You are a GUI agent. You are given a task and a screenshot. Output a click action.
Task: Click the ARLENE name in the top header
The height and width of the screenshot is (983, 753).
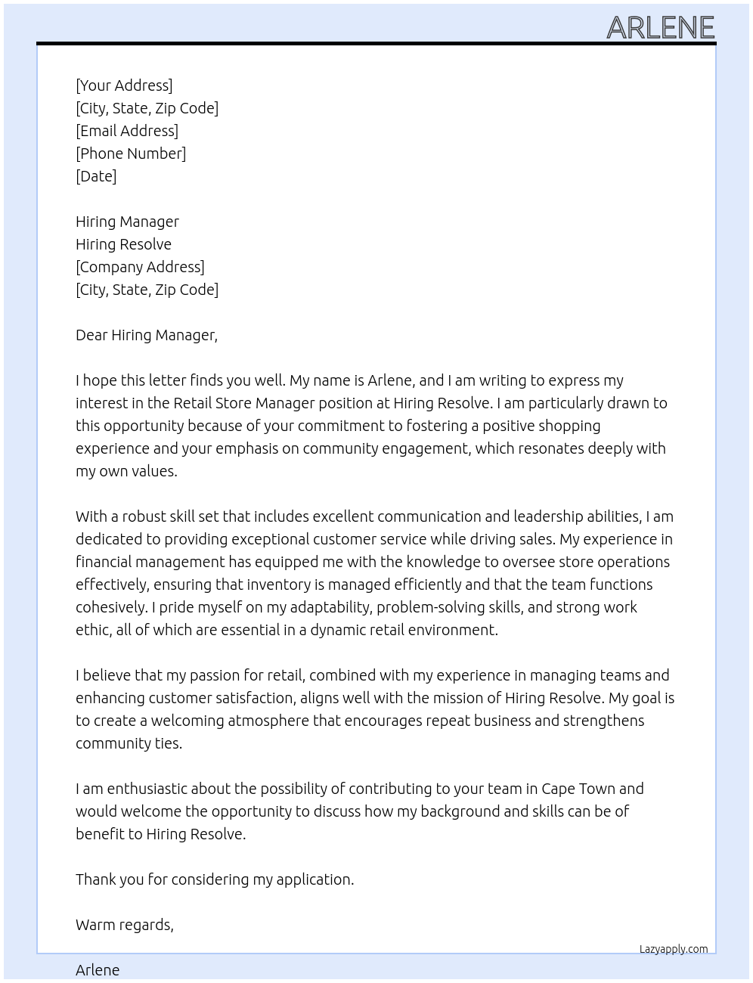click(660, 28)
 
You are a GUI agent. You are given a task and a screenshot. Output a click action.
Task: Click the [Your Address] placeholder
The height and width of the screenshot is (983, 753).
click(124, 85)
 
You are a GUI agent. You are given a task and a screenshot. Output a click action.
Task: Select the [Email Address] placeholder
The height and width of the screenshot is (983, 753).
click(127, 131)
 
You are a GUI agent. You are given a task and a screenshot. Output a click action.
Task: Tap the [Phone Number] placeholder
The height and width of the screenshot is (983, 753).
click(131, 153)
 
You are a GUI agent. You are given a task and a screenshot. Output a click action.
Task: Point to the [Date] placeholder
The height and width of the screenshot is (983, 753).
click(96, 176)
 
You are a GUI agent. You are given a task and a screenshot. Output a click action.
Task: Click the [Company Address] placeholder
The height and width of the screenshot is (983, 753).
click(140, 267)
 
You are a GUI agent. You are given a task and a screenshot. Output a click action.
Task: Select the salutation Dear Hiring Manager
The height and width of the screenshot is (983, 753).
click(146, 335)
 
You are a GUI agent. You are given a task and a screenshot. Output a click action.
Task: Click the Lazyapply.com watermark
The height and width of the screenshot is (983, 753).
click(674, 949)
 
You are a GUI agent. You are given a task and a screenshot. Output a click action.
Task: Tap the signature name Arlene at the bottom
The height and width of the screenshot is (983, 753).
click(98, 970)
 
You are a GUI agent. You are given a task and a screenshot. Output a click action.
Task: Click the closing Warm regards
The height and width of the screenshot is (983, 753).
click(124, 925)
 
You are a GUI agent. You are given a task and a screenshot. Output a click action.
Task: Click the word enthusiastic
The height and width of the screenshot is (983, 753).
click(147, 789)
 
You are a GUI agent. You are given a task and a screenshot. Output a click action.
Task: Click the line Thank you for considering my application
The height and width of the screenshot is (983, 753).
click(215, 879)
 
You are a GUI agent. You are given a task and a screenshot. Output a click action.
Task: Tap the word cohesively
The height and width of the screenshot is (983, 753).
click(111, 607)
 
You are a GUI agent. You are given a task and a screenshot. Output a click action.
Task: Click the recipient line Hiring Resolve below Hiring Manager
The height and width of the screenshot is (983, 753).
click(123, 244)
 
